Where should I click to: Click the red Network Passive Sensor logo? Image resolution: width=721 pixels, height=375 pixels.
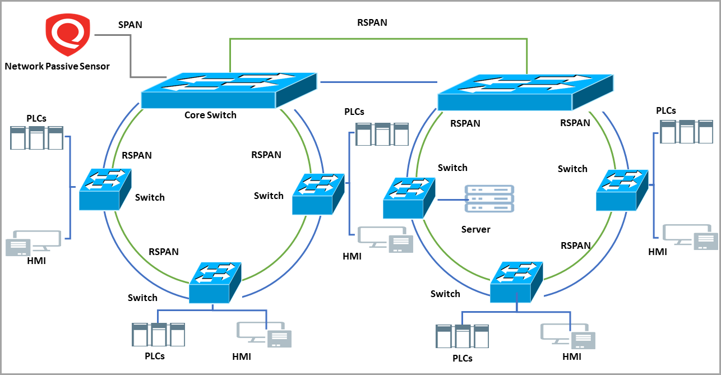click(x=68, y=35)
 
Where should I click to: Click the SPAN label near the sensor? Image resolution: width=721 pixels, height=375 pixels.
click(x=130, y=25)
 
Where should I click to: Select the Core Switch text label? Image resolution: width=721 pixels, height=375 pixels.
click(x=210, y=115)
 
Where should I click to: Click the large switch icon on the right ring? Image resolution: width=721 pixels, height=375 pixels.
click(x=525, y=91)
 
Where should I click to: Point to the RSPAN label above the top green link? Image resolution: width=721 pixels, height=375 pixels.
click(x=372, y=23)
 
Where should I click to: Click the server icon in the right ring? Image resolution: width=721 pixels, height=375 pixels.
click(x=489, y=199)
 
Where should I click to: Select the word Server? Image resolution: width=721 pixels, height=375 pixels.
click(x=475, y=229)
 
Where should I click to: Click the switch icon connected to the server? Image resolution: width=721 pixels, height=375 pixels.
click(x=409, y=198)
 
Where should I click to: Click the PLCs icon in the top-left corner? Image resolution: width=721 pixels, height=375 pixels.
click(x=36, y=138)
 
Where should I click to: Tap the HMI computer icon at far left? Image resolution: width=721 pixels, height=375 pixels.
click(x=33, y=243)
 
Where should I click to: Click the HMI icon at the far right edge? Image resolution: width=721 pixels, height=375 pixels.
click(x=690, y=237)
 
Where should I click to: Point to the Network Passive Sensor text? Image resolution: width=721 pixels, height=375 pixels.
click(x=57, y=66)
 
